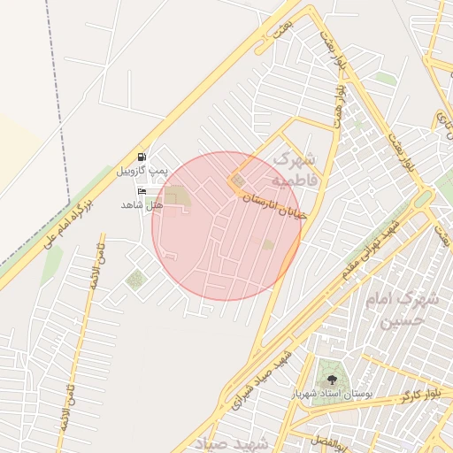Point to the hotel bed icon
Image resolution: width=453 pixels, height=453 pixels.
point(142,191)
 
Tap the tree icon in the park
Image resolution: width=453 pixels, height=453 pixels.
point(333,379)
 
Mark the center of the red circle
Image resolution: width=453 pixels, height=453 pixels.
point(226,226)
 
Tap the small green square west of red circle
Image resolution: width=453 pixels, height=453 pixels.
point(135,280)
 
